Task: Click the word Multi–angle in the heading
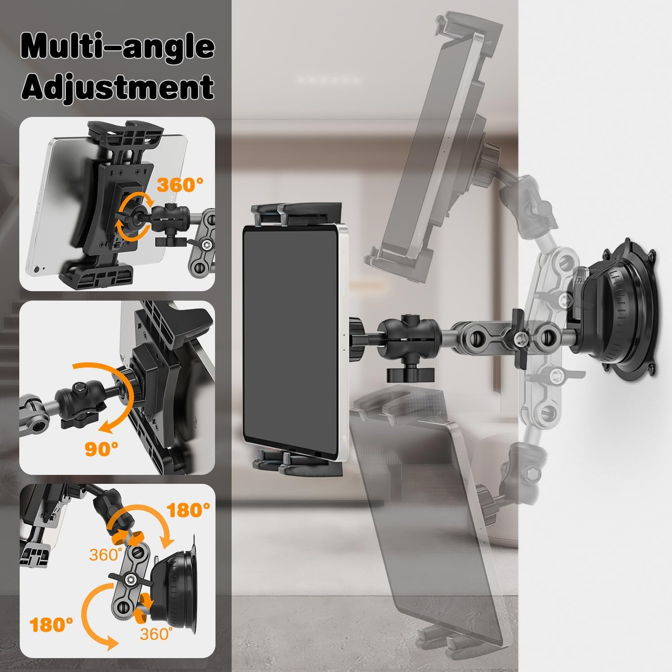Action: (x=118, y=48)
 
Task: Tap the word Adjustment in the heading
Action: (x=118, y=88)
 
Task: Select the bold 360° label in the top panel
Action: (x=180, y=185)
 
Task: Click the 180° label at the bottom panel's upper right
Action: (x=188, y=509)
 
